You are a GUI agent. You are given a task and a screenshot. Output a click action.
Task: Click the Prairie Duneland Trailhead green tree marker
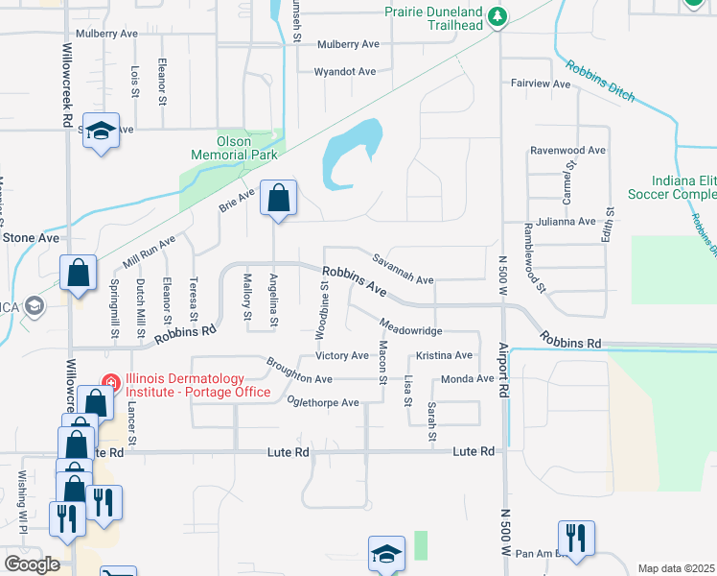click(x=497, y=16)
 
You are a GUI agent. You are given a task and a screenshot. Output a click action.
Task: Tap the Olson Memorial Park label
click(x=234, y=147)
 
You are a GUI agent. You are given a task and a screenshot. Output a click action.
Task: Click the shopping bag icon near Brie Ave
click(x=277, y=200)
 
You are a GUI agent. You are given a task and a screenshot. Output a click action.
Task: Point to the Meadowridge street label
click(x=410, y=330)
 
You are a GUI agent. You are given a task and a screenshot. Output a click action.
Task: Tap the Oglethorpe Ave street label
click(x=322, y=402)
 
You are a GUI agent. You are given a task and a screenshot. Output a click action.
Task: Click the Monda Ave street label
click(x=467, y=379)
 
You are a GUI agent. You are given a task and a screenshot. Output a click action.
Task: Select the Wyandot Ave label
click(x=345, y=72)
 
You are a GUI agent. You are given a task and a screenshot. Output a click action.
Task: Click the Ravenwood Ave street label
click(x=568, y=151)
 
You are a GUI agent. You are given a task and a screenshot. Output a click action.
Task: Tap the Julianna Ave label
click(x=566, y=221)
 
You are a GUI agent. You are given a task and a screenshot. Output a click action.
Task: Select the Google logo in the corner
click(x=32, y=564)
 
